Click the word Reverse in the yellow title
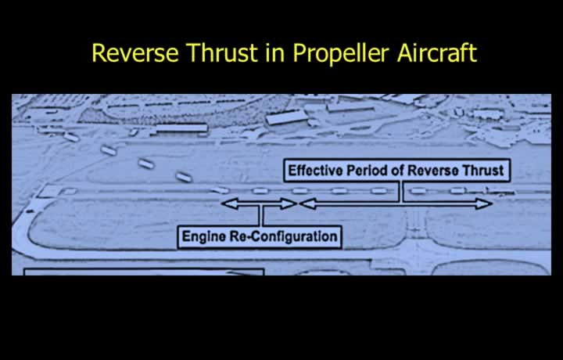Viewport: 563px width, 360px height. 135,53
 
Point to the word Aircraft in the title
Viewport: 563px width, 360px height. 437,53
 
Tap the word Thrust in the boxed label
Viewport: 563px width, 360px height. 482,171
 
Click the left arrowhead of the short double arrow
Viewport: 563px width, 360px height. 230,203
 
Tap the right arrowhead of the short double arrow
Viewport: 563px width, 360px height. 289,203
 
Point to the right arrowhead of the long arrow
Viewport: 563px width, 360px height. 484,203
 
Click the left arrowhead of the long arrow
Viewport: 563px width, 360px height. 308,203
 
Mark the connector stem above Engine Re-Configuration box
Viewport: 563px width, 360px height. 260,216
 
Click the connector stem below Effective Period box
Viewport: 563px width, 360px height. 400,192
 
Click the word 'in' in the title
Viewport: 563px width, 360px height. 274,53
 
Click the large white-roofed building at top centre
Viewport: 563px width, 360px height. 286,117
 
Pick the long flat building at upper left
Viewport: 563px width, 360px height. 181,128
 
